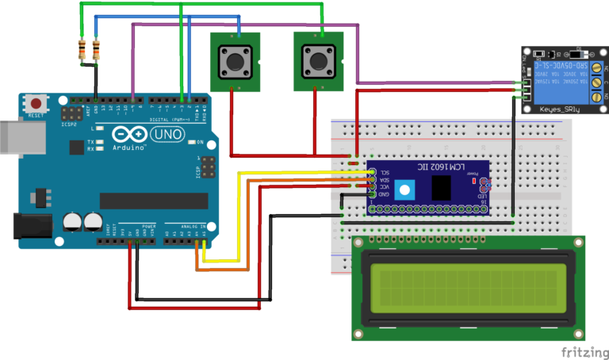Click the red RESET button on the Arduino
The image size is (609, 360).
36,102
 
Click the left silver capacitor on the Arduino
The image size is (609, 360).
72,221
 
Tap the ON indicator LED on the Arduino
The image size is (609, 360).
192,143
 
